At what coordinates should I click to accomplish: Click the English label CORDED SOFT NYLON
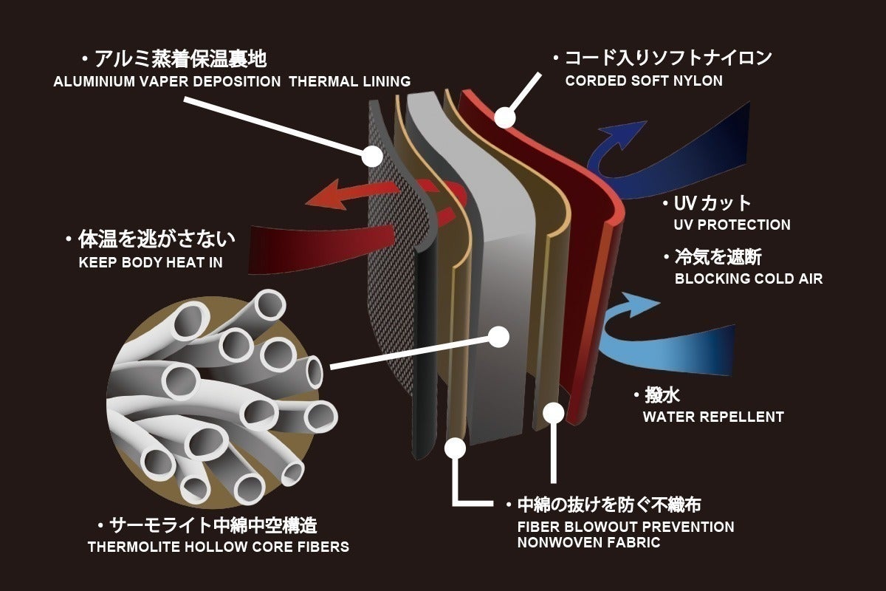pos(644,81)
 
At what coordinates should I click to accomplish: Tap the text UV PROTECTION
pos(732,225)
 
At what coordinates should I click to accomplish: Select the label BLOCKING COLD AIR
pos(748,279)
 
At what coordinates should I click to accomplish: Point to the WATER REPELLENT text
pos(712,417)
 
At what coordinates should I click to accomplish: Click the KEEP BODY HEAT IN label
pos(150,262)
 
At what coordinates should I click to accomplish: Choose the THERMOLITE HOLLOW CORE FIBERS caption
pos(218,547)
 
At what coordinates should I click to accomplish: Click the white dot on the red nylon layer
pos(504,117)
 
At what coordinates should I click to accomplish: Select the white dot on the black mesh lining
pos(372,156)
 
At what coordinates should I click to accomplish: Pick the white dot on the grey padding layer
pos(499,338)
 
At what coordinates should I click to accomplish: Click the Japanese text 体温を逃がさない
pos(156,239)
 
